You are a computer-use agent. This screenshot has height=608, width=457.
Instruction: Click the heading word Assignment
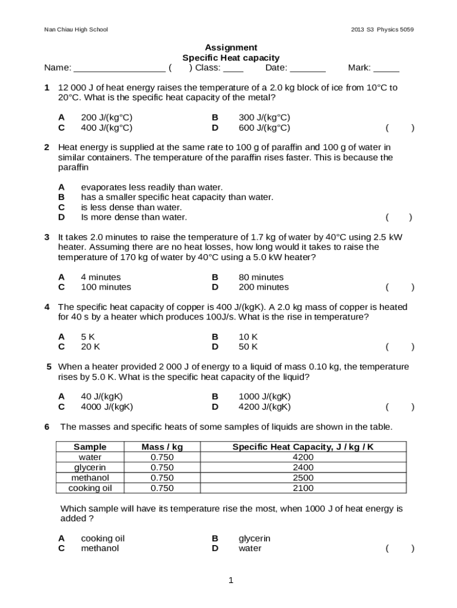(x=231, y=47)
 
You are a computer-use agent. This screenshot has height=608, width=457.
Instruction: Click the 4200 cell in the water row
(x=303, y=457)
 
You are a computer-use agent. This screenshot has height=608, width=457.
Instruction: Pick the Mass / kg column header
(x=162, y=446)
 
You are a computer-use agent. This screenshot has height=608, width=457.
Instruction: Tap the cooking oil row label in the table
(x=90, y=488)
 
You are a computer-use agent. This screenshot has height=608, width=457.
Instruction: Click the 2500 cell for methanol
(x=303, y=478)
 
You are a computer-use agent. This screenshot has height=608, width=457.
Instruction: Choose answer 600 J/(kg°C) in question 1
(x=264, y=128)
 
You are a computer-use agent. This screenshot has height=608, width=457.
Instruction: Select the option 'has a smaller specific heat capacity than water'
(x=177, y=197)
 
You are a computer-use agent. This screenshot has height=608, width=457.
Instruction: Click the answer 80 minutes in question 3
(x=261, y=277)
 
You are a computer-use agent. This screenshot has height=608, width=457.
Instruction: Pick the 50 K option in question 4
(x=248, y=347)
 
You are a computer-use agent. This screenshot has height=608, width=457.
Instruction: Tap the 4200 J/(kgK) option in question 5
(x=265, y=407)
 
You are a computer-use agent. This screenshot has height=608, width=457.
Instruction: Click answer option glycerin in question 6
(x=254, y=539)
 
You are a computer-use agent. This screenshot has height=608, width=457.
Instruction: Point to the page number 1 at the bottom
(x=231, y=580)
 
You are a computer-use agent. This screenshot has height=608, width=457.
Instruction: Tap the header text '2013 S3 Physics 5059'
(x=382, y=29)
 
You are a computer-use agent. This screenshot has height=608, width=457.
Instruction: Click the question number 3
(x=47, y=237)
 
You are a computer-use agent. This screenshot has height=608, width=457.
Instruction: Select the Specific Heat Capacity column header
(x=303, y=446)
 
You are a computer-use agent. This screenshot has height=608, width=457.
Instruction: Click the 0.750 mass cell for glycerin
(x=162, y=467)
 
